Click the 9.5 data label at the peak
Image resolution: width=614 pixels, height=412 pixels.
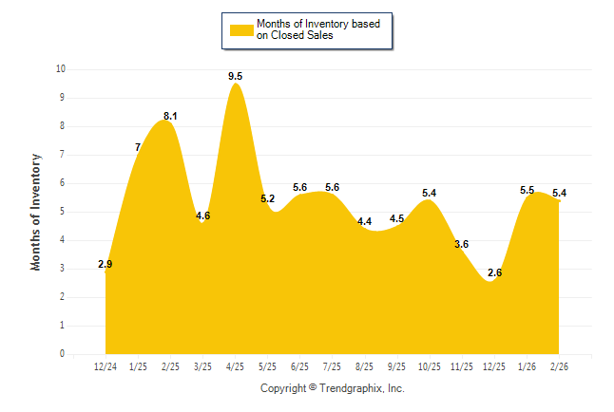[x=235, y=76]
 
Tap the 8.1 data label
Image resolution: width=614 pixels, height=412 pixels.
[x=170, y=116]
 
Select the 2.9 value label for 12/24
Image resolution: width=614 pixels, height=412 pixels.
[x=106, y=264]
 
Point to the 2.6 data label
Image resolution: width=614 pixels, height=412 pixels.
[x=494, y=272]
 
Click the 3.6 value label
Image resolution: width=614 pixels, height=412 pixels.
[x=462, y=244]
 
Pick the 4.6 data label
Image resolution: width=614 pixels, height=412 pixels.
[x=202, y=216]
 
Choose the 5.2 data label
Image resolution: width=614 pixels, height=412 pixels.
[x=267, y=198]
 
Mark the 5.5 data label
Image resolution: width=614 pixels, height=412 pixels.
[x=528, y=191]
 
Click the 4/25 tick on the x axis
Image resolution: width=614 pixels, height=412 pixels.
[x=235, y=365]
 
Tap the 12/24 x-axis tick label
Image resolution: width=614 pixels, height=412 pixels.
[x=106, y=365]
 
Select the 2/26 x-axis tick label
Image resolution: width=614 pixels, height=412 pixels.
[x=560, y=365]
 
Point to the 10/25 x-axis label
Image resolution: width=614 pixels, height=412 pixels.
[x=430, y=365]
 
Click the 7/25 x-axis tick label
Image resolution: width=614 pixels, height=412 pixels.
[x=333, y=365]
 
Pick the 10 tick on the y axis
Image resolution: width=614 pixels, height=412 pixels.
[x=60, y=69]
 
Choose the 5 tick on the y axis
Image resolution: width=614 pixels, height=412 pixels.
[x=62, y=212]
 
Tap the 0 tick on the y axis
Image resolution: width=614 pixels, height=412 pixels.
[x=62, y=354]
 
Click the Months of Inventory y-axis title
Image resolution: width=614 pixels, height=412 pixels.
[x=36, y=212]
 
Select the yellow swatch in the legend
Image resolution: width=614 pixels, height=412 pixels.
[x=240, y=29]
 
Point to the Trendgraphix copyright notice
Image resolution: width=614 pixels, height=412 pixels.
[x=333, y=388]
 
